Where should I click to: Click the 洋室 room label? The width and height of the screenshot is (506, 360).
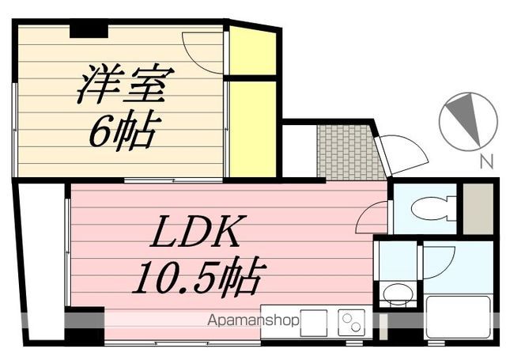(x=126, y=84)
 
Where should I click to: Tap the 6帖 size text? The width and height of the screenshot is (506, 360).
(x=125, y=131)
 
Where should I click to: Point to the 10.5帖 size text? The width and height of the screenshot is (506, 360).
(x=199, y=276)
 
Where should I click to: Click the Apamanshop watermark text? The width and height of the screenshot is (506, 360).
(x=253, y=320)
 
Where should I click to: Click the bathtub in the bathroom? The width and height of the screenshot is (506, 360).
(x=459, y=317)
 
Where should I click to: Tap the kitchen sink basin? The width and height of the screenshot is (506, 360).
(x=314, y=323)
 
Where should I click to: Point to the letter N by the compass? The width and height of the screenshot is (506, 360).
(x=487, y=161)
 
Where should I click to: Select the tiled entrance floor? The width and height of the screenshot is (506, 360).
(x=350, y=151)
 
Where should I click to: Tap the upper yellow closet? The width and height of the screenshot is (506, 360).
(x=252, y=51)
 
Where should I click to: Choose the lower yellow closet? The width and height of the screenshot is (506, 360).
(x=253, y=129)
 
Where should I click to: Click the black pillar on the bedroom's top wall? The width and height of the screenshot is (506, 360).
(x=89, y=31)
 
